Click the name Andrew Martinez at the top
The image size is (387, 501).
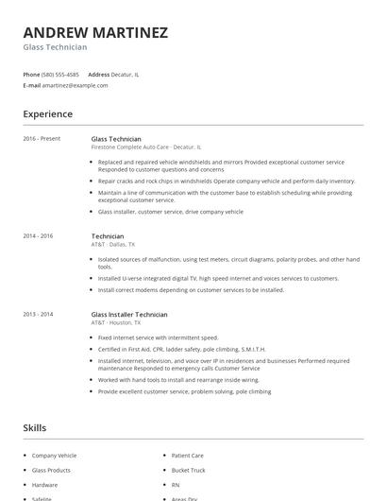[x=95, y=32]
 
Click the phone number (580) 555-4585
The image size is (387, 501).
[x=61, y=74]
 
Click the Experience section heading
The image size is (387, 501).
[x=47, y=114]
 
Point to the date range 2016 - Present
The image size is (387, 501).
[x=42, y=139]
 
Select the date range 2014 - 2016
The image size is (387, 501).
[x=38, y=235]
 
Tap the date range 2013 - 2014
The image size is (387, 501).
[x=38, y=314]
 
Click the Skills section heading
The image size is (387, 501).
[x=35, y=428]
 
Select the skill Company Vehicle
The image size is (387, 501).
[x=54, y=456]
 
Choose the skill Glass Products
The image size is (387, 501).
[x=52, y=470]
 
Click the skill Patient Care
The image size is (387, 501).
[x=189, y=456]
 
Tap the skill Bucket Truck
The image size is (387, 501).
[x=189, y=470]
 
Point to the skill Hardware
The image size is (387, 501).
[x=44, y=484]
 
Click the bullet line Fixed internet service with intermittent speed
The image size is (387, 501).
[x=158, y=337]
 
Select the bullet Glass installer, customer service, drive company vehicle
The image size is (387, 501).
[x=170, y=212]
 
